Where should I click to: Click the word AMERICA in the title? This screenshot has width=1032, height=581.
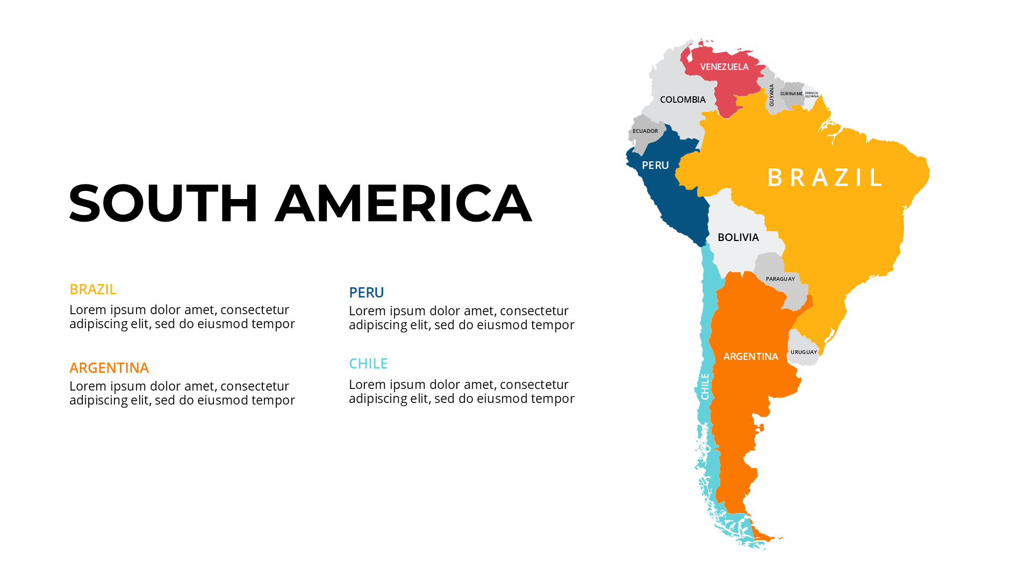click(403, 203)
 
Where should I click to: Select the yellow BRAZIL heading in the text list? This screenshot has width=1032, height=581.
click(93, 289)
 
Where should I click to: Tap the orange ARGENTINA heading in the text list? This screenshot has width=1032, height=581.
click(109, 368)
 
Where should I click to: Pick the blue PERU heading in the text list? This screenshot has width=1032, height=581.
click(367, 293)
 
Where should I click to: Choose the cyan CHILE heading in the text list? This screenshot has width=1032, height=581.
click(368, 364)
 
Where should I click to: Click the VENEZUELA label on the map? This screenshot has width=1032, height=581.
click(724, 67)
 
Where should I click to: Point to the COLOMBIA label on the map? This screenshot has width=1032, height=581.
click(683, 100)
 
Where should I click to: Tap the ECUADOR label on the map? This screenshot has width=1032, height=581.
click(645, 131)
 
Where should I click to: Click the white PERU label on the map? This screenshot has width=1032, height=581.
click(655, 165)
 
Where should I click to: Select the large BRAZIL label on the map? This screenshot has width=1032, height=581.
click(825, 178)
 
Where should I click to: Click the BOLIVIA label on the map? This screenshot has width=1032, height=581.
click(738, 237)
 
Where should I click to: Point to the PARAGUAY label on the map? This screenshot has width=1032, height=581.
click(780, 279)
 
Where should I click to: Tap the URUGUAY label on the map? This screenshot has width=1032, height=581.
click(804, 352)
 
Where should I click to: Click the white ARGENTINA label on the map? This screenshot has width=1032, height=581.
click(750, 357)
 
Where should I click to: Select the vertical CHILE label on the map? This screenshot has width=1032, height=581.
click(705, 386)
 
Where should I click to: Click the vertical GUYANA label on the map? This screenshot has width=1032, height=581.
click(772, 95)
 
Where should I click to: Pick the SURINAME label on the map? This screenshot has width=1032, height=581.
click(791, 94)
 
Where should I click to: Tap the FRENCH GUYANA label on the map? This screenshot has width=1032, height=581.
click(812, 95)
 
